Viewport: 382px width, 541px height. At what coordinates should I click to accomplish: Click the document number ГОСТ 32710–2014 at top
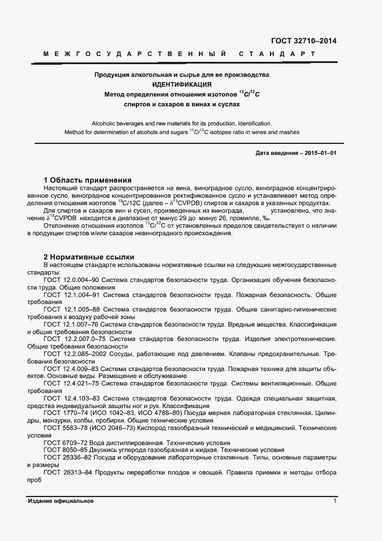303,41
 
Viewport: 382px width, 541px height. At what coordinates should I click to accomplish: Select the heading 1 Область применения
88,180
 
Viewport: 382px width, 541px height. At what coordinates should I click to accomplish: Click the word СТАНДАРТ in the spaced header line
276,54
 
